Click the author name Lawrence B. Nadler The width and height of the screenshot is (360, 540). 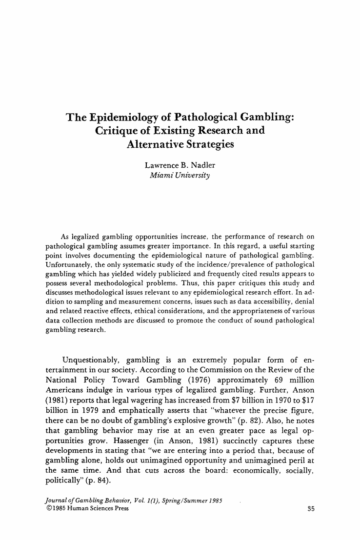coord(180,165)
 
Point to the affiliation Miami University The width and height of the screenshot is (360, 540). coord(180,175)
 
